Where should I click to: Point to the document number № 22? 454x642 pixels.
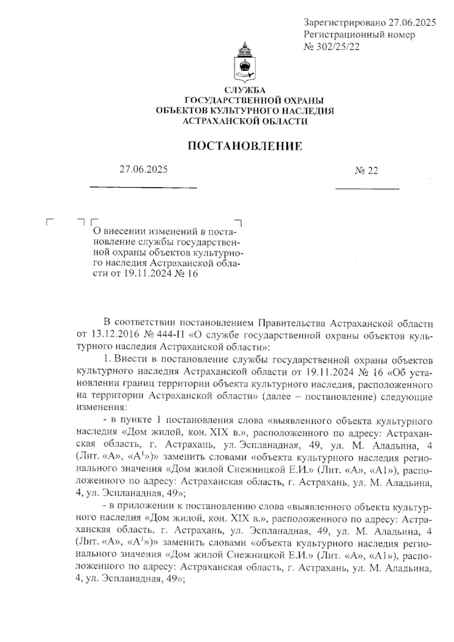(366, 171)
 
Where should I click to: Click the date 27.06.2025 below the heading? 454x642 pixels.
(144, 169)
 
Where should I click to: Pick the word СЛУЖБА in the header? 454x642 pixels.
(245, 90)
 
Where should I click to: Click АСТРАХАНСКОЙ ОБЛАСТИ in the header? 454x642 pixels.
(245, 121)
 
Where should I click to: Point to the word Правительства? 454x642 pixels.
(294, 324)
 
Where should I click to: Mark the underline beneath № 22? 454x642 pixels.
(367, 188)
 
